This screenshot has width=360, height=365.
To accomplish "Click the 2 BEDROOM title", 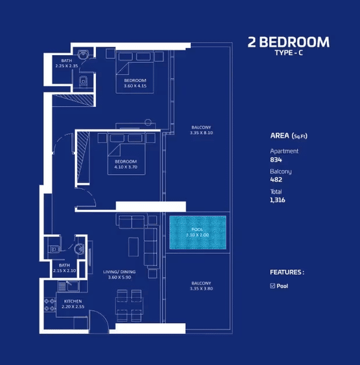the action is click(x=289, y=42).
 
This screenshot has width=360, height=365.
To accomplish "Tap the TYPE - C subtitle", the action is click(x=289, y=53).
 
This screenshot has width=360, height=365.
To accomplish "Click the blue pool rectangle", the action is click(x=197, y=232).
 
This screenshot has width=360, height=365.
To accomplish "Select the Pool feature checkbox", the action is click(x=273, y=286).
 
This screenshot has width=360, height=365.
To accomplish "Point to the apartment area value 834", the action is click(x=276, y=160).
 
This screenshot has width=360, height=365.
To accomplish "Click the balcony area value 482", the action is click(x=276, y=180).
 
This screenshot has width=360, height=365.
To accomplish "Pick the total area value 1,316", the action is click(x=278, y=200).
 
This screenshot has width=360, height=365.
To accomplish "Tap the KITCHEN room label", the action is click(x=73, y=301).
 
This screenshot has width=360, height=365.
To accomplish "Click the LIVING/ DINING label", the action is click(x=119, y=272).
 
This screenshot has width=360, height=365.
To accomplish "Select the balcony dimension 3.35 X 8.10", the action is click(x=201, y=133).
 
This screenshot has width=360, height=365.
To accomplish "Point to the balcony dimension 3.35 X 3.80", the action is click(x=201, y=289).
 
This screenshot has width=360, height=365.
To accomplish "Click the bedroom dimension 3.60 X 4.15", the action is click(x=135, y=86).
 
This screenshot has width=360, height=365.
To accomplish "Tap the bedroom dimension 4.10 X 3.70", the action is click(x=126, y=167).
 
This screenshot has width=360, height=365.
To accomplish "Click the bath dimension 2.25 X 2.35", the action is click(x=67, y=66).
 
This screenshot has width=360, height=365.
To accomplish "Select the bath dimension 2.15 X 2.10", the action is click(x=64, y=271).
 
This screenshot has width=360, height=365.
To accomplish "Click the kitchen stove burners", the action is click(x=50, y=305).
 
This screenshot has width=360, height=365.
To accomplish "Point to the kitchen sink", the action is click(x=73, y=286).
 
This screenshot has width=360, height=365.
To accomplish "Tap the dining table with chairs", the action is click(x=129, y=305).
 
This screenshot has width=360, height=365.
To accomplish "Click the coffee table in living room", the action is click(x=133, y=247).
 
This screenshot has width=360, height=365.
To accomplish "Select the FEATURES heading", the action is click(x=287, y=272).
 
